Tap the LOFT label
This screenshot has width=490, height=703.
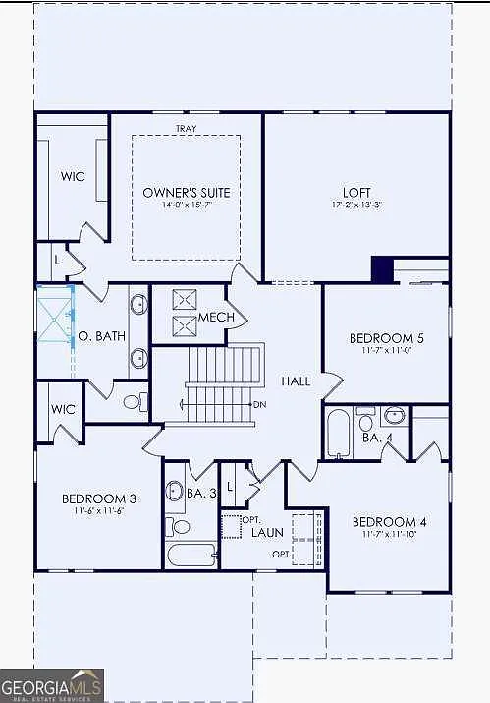point(357,192)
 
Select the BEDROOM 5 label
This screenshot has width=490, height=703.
point(386,338)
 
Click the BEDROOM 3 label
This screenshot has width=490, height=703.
point(98,498)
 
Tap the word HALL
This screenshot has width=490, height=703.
point(296,381)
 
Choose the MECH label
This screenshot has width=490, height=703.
point(216,317)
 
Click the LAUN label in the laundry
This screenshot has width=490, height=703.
point(267,532)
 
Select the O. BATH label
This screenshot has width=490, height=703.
point(102,335)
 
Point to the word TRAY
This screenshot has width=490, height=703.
point(186,129)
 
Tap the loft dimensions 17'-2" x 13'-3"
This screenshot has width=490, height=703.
point(357,205)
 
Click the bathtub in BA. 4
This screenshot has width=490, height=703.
point(338,433)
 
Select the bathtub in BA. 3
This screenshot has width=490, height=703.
point(190,556)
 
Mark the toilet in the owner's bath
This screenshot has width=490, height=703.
point(135,402)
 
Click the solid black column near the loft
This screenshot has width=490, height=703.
point(381,268)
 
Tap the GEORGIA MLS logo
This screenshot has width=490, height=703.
point(51,685)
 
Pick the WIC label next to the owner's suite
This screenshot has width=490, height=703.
point(73,176)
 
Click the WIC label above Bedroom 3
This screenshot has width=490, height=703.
point(64,408)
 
